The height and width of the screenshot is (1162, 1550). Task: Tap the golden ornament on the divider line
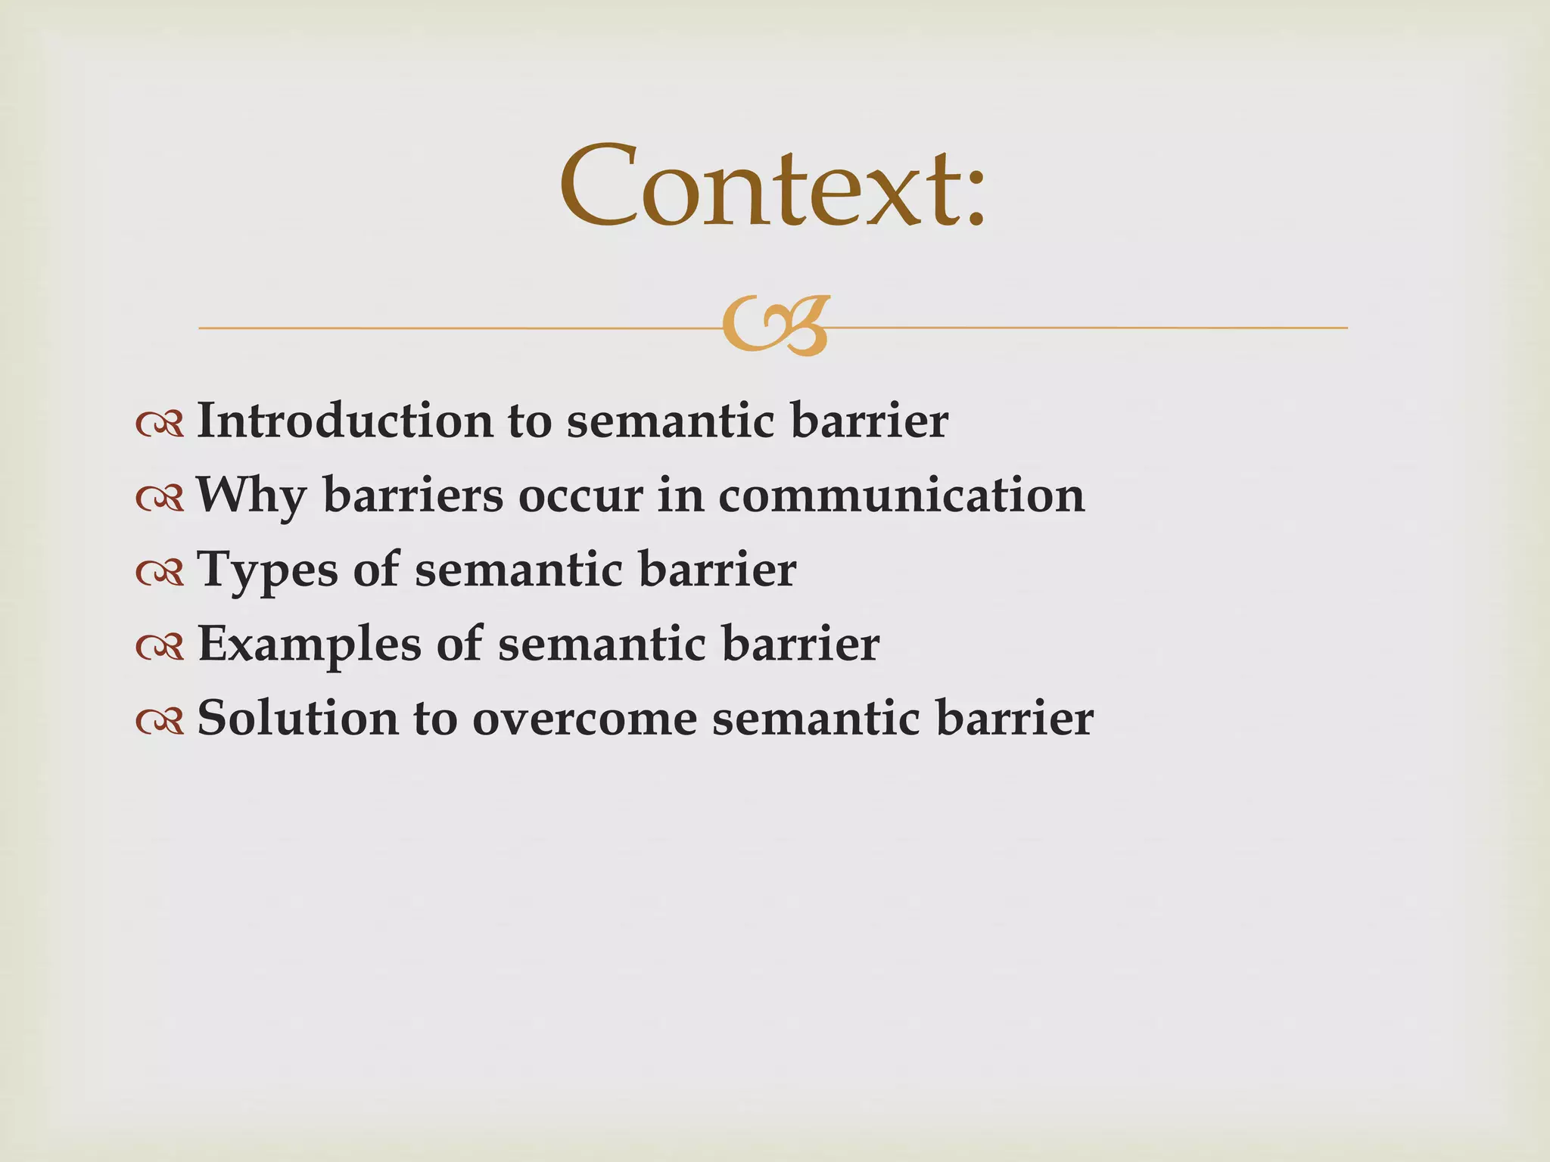click(x=776, y=326)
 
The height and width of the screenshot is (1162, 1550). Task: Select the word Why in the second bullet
click(x=251, y=496)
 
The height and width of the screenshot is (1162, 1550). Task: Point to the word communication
click(x=901, y=496)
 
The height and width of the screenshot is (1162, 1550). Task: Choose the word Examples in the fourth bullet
click(x=309, y=644)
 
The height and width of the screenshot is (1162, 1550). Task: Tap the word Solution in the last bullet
click(x=297, y=718)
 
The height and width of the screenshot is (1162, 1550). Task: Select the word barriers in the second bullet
click(x=412, y=496)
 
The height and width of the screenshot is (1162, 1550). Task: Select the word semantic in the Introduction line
click(x=671, y=421)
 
